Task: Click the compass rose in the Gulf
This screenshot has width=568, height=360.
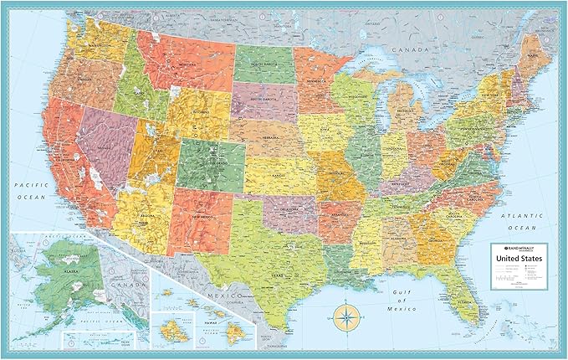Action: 344,316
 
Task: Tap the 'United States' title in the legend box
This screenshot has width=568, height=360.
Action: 519,258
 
